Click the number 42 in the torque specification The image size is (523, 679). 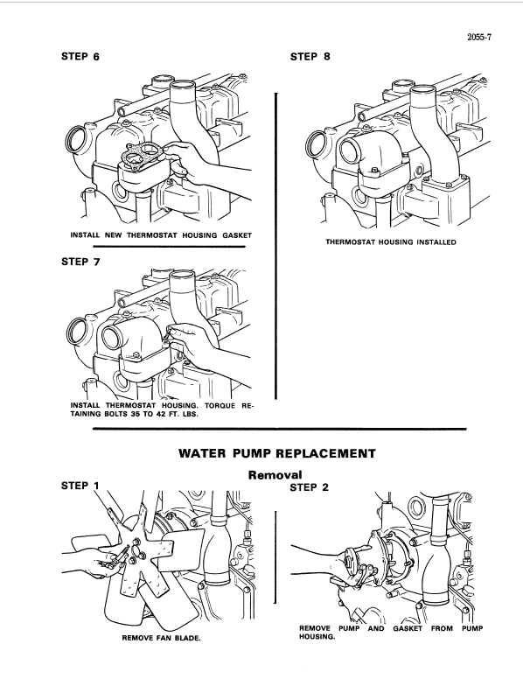154,415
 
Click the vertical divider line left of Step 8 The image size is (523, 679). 276,245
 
